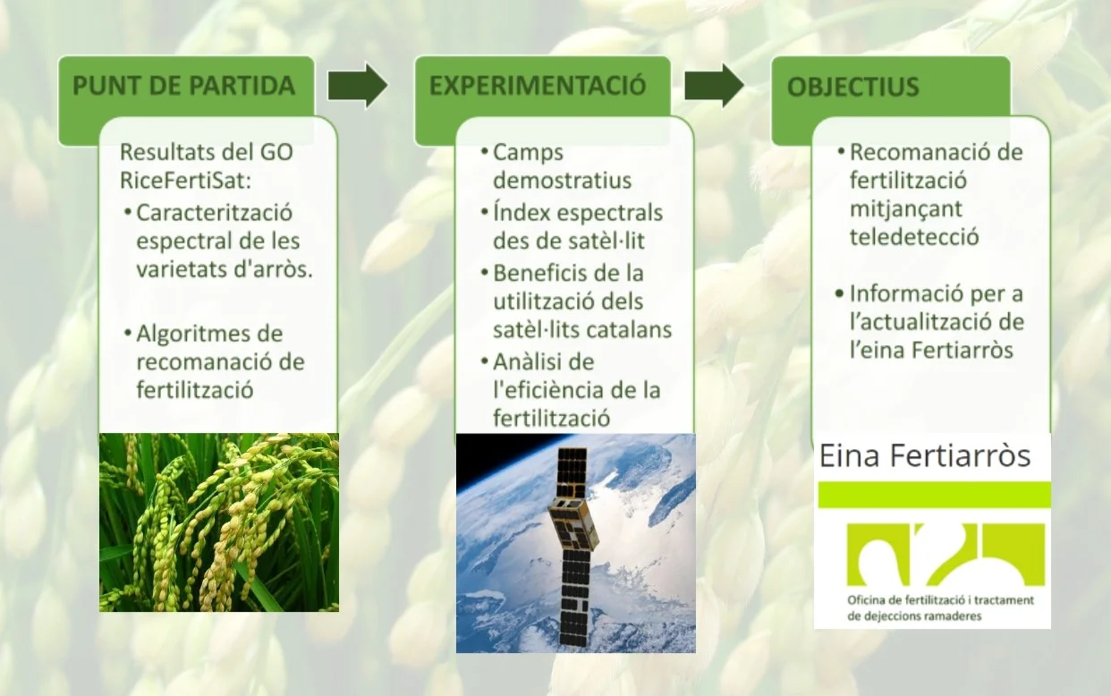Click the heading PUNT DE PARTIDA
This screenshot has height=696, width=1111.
[x=183, y=86]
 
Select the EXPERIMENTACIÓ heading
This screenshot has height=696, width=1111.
[x=537, y=86]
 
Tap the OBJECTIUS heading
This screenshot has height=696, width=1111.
[x=852, y=88]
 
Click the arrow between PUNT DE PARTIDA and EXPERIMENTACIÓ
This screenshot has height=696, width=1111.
[x=357, y=86]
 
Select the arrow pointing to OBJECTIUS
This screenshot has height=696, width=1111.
[x=714, y=86]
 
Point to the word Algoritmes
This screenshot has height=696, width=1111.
[x=209, y=334]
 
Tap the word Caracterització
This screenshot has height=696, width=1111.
[x=215, y=213]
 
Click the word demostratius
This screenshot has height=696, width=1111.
[x=562, y=181]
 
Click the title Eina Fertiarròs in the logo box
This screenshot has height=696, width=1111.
[x=925, y=455]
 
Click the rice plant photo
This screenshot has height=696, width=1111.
[x=218, y=522]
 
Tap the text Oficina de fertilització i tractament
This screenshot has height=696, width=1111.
[x=939, y=600]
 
